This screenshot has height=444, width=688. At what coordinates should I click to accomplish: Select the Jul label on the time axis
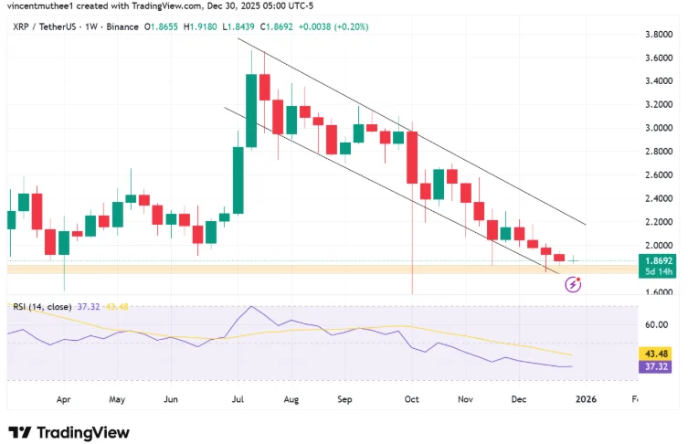point(238,399)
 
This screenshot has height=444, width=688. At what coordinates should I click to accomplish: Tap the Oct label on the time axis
point(411,399)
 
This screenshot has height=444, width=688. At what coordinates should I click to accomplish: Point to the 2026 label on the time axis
point(585,399)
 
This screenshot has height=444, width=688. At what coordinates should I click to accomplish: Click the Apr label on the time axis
point(64,399)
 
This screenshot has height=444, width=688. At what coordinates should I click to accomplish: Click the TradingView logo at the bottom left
point(69,432)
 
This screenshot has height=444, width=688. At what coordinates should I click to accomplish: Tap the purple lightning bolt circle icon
point(574,285)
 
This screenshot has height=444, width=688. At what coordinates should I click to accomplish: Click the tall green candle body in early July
point(251,111)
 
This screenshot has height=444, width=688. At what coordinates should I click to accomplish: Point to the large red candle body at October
point(412,157)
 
